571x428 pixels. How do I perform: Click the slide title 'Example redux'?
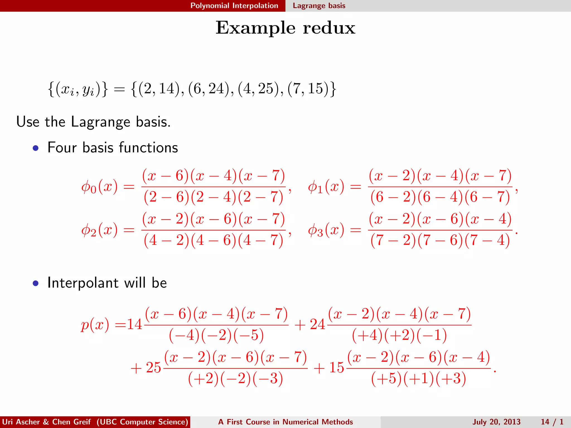tap(285, 28)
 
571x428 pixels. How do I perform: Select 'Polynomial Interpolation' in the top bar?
tap(234, 6)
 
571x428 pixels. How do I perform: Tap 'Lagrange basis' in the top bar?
tap(319, 6)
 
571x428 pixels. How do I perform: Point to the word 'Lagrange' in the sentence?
tap(100, 122)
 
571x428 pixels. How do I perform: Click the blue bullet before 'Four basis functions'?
tap(35, 148)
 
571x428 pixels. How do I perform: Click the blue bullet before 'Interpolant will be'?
tap(35, 283)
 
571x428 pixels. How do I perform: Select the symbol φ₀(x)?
tap(99, 187)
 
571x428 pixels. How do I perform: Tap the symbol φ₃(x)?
tap(326, 230)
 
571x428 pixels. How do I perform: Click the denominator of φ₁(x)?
tap(440, 197)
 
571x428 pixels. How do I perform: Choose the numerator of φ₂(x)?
tap(214, 219)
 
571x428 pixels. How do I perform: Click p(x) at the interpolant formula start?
tap(95, 325)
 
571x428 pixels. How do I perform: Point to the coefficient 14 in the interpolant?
tap(134, 324)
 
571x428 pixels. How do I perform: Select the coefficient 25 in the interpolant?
tap(153, 368)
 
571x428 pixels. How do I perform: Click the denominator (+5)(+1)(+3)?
tap(418, 378)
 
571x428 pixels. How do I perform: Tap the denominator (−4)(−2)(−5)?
tap(216, 335)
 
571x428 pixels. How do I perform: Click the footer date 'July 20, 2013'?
tap(496, 422)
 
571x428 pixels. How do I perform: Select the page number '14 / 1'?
tap(552, 422)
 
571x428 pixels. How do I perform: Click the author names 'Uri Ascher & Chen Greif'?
tap(46, 422)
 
